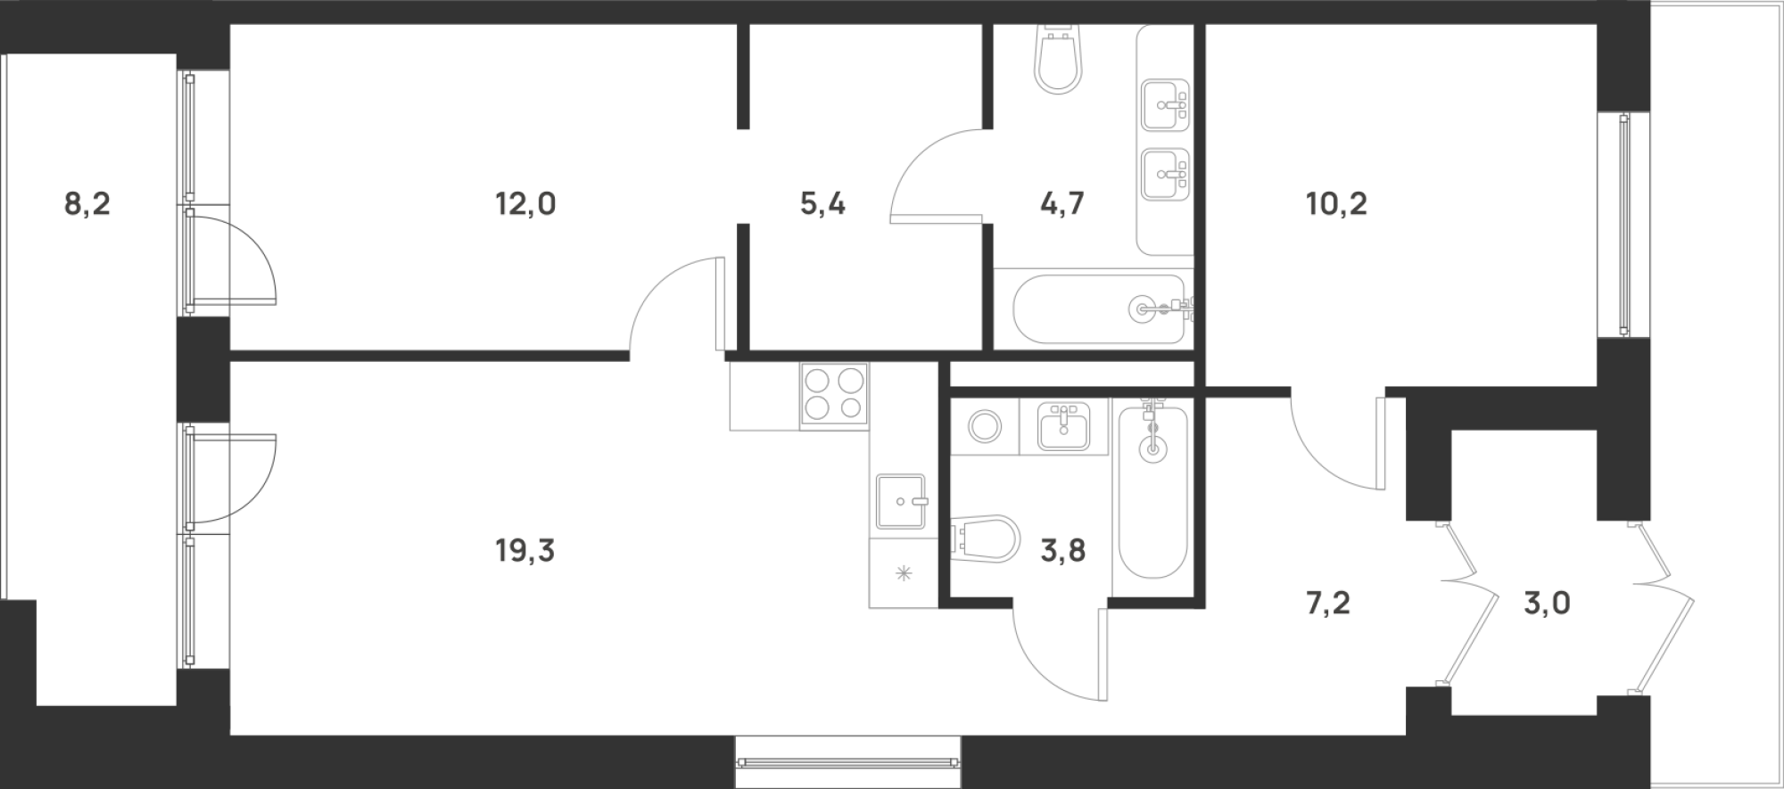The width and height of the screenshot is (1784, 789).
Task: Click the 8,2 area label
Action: tap(87, 205)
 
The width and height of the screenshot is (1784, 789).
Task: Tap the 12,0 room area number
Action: tap(525, 205)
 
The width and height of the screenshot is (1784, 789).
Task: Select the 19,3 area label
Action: tap(525, 552)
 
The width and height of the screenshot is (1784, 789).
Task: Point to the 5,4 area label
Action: tap(822, 205)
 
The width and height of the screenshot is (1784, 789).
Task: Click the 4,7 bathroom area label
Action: tap(1062, 205)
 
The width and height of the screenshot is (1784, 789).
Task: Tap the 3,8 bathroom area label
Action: tap(1063, 552)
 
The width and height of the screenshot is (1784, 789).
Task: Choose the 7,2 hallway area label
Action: tap(1328, 604)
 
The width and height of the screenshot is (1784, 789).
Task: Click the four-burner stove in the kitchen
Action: tap(835, 395)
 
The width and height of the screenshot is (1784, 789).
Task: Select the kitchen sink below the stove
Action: tap(903, 502)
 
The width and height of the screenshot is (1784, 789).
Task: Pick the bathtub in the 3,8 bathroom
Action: tap(1153, 491)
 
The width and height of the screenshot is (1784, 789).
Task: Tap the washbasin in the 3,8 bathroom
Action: tap(1064, 426)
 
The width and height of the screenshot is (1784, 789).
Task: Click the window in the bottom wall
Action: tap(849, 761)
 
